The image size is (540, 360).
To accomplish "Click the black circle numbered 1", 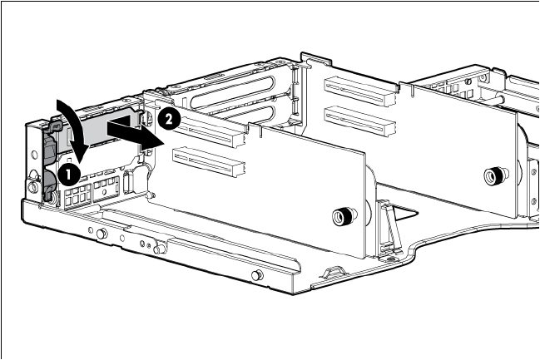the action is [x=69, y=174].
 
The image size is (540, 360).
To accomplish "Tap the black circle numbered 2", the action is [x=169, y=120].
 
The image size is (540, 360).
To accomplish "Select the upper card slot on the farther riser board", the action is [x=359, y=91].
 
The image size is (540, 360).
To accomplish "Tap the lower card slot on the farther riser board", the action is [x=359, y=121].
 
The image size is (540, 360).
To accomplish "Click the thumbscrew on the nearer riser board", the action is [x=344, y=216].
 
